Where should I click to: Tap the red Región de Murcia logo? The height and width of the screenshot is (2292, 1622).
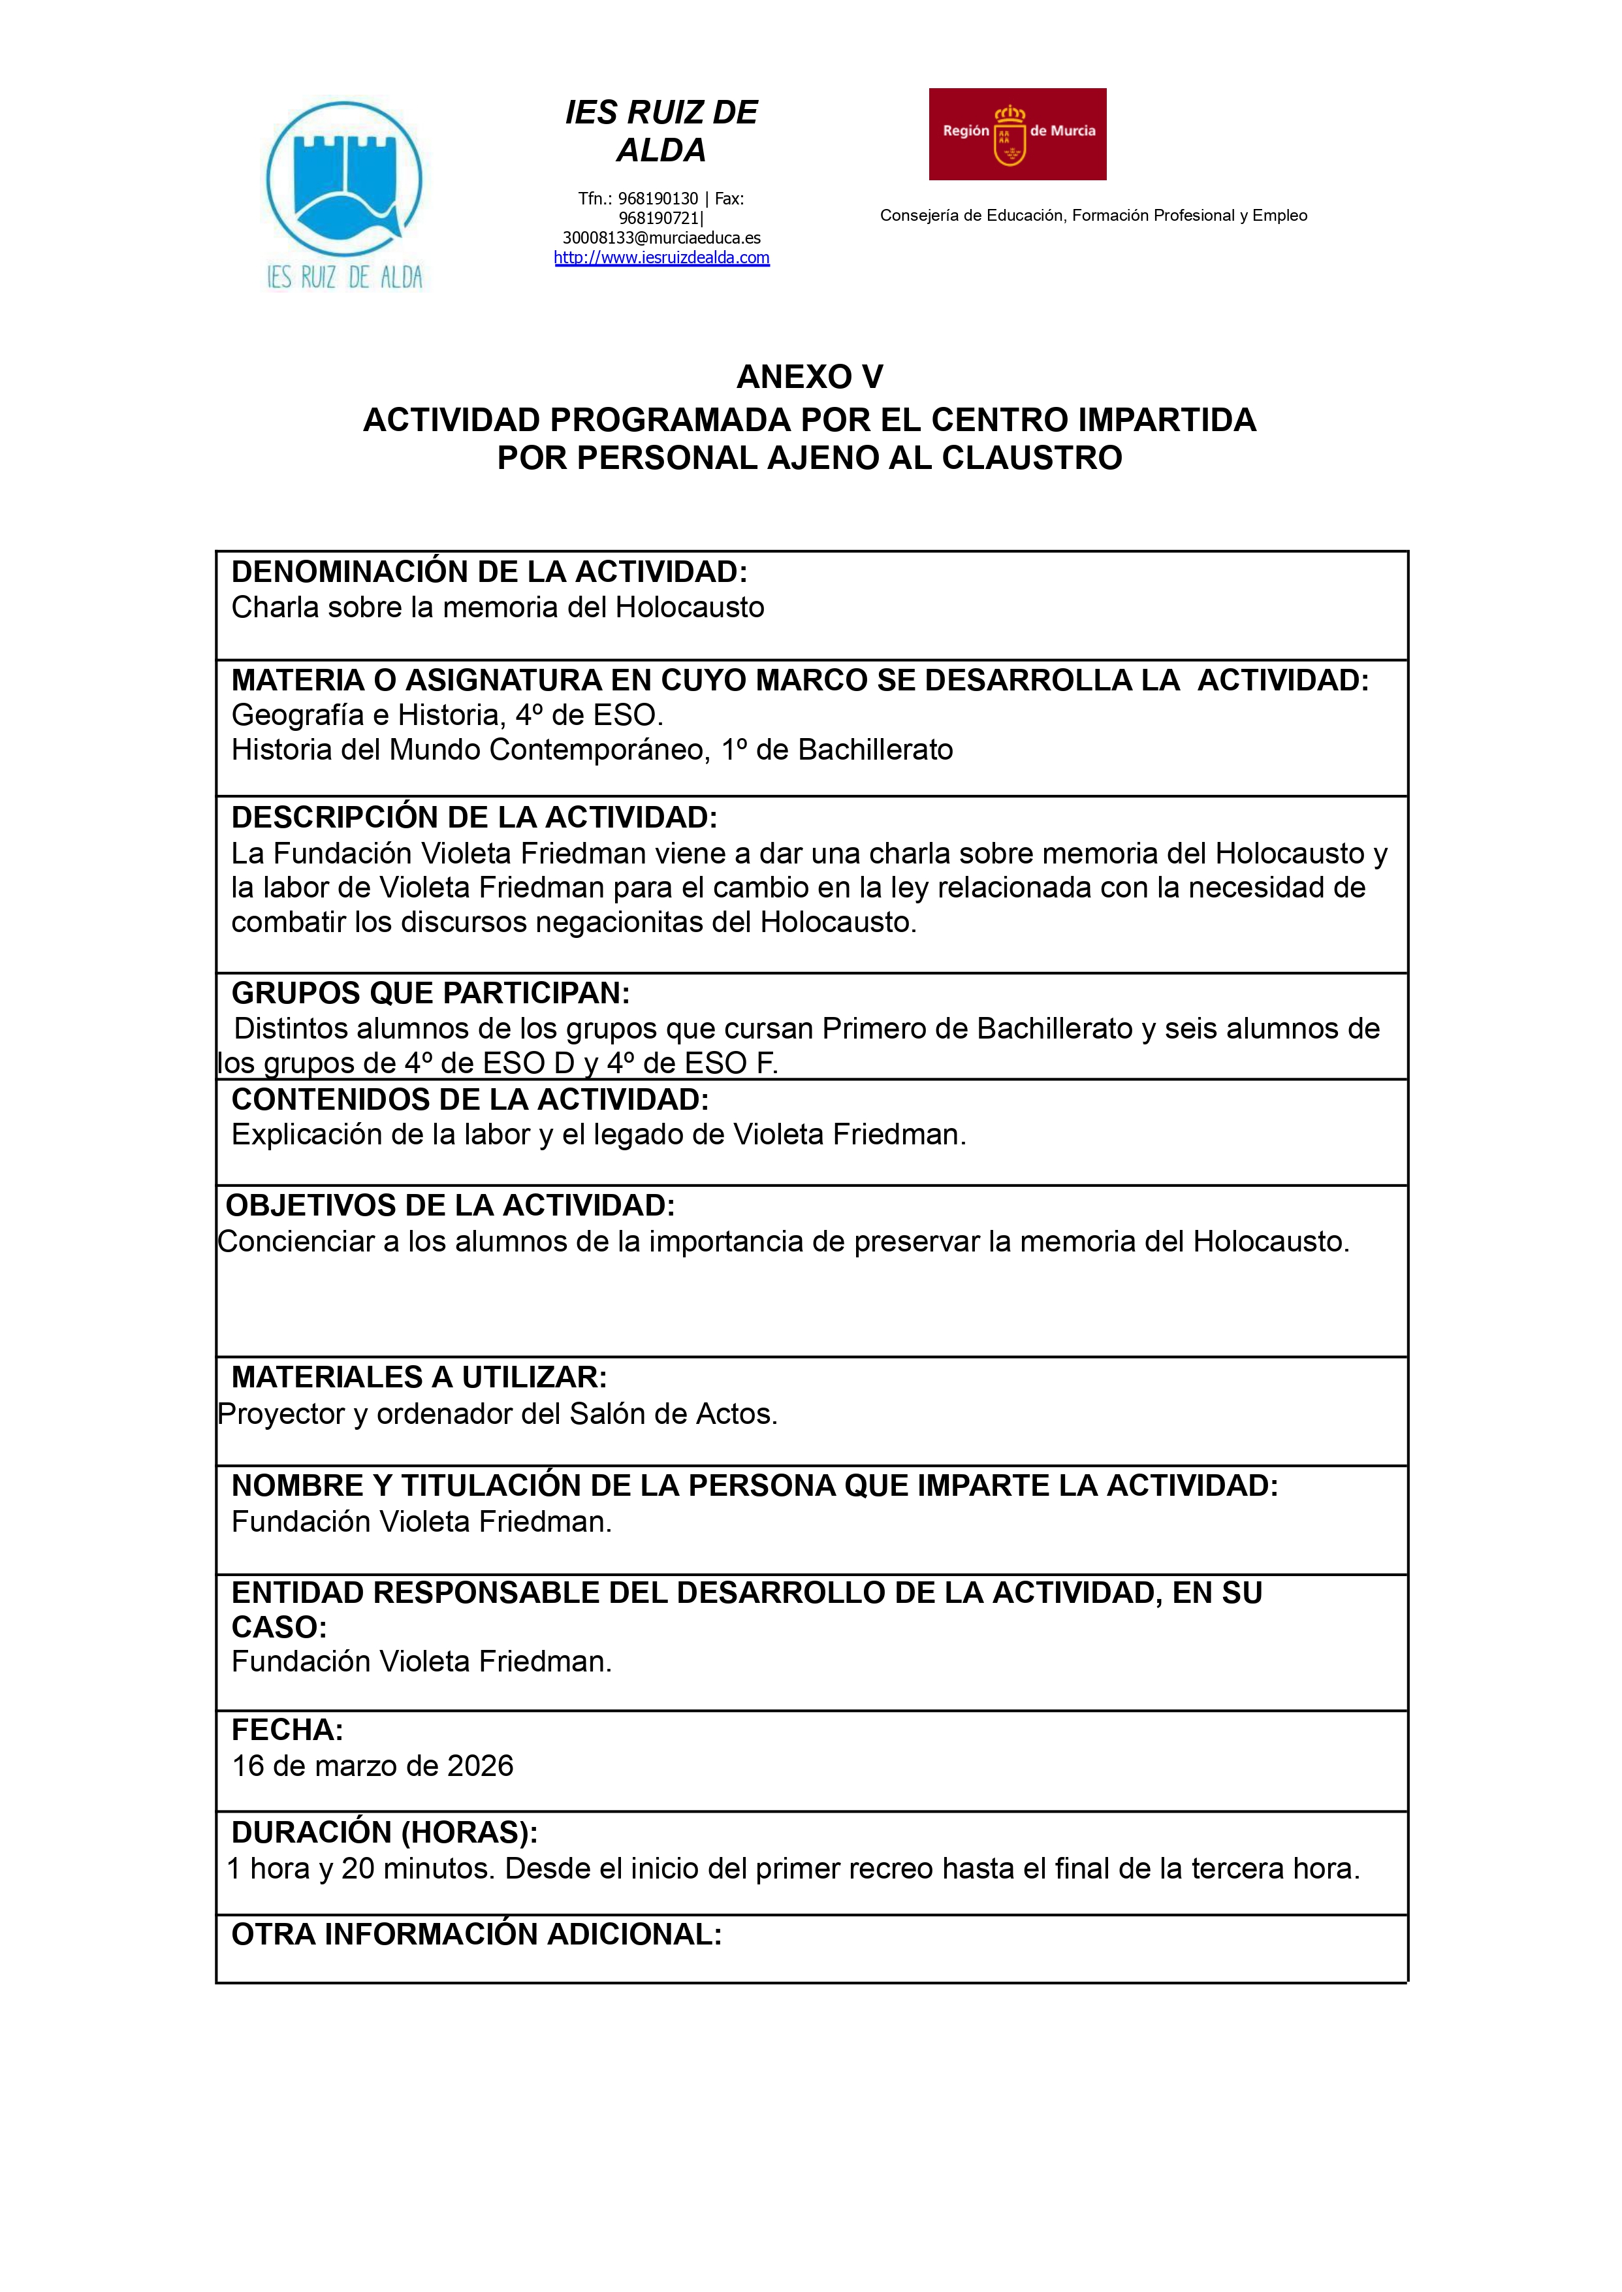[x=1017, y=134]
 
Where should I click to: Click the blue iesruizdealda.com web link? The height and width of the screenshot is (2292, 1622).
[x=661, y=258]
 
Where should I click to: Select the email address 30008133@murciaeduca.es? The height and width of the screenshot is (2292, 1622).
[x=661, y=238]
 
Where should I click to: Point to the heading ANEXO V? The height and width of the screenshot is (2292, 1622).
[x=809, y=377]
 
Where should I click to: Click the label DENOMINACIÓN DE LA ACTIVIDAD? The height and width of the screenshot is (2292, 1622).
[x=489, y=572]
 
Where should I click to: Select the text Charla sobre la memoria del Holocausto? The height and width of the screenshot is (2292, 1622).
[x=498, y=607]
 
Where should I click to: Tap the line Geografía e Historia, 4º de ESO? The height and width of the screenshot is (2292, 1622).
[x=447, y=715]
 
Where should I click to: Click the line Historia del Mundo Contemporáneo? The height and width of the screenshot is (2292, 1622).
[x=591, y=749]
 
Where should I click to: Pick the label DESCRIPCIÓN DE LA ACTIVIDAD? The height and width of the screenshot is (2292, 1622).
[x=475, y=817]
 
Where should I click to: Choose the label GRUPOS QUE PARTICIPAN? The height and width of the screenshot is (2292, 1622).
[x=430, y=993]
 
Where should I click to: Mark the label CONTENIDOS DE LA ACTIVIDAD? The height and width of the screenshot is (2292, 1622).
[x=470, y=1099]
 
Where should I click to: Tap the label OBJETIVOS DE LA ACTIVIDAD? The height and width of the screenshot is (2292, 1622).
[x=451, y=1205]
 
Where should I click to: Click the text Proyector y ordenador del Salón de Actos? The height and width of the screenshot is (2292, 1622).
[x=498, y=1413]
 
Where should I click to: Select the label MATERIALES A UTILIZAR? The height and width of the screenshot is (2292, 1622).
[x=419, y=1377]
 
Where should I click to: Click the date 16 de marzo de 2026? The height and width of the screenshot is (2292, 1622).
[x=373, y=1766]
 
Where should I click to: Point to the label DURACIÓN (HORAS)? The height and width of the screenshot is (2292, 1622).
[x=385, y=1832]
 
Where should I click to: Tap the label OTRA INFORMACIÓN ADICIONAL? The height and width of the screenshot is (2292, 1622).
[x=477, y=1933]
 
